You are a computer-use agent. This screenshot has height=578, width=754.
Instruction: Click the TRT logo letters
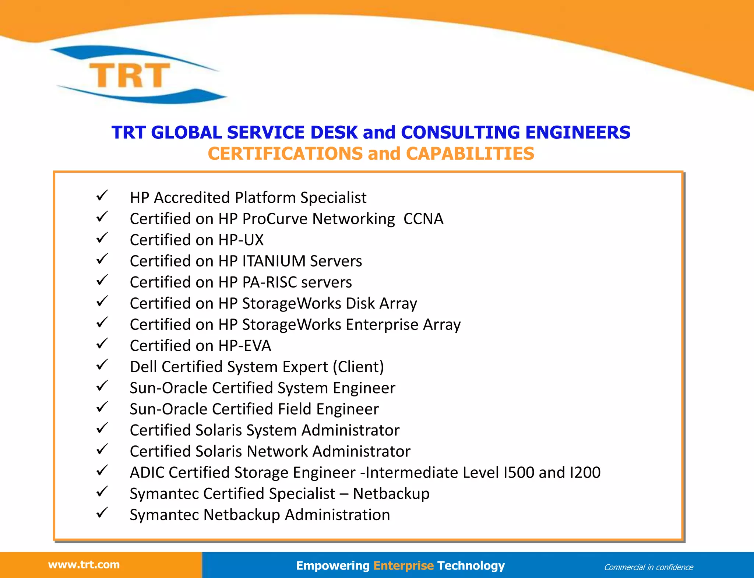[130, 75]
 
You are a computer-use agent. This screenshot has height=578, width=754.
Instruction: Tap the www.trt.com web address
[84, 564]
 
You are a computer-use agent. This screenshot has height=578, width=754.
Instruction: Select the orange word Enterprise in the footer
[404, 565]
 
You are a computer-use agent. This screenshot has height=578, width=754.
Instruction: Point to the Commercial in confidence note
[648, 567]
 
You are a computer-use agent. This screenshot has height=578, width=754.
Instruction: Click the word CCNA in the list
[423, 219]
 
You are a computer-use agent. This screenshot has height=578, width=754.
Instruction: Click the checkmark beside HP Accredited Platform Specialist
[102, 195]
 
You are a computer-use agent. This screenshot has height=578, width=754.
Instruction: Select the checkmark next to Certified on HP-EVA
[102, 343]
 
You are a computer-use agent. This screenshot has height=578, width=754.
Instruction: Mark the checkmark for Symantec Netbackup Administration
[102, 512]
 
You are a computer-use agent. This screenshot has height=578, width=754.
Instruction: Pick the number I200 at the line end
[585, 472]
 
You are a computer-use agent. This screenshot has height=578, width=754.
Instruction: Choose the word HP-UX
[241, 240]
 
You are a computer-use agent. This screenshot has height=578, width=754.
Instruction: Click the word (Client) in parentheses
[358, 367]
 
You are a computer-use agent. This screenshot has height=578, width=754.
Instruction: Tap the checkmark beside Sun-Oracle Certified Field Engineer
[102, 407]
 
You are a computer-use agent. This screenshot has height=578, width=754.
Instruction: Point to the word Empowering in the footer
[332, 565]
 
